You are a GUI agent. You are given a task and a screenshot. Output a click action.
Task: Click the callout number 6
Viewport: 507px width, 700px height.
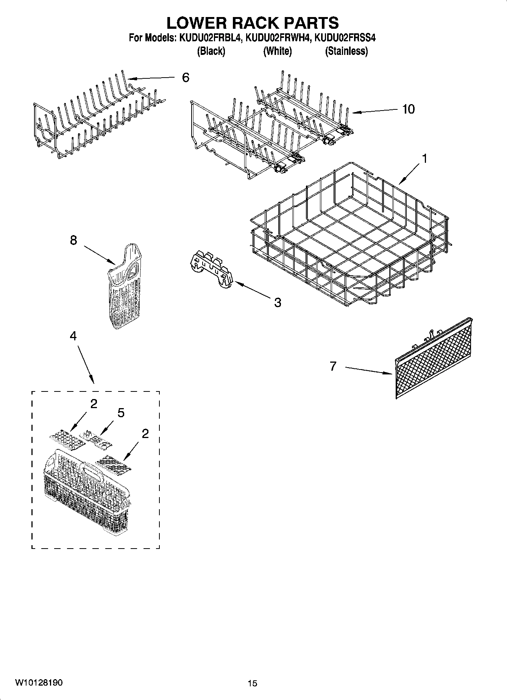[186, 78]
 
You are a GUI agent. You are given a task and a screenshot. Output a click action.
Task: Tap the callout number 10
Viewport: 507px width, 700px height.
[408, 109]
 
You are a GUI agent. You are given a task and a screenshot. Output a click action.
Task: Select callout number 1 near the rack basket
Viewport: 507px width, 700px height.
[424, 159]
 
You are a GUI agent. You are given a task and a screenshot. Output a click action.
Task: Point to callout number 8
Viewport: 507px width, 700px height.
[73, 240]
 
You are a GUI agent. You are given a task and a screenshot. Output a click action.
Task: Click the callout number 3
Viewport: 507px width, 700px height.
[278, 302]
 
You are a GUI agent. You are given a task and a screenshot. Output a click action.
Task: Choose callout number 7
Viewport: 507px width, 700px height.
[333, 366]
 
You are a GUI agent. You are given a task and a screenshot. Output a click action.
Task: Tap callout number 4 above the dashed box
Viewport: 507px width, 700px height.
[73, 336]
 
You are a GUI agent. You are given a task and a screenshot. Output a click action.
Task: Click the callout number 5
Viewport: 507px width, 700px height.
[121, 412]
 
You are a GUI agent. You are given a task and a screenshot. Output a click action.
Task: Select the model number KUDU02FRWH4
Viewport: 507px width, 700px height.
[278, 38]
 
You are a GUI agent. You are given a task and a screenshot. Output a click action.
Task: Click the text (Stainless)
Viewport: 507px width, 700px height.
[346, 51]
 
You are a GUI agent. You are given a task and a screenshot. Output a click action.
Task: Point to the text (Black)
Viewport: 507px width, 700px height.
[211, 51]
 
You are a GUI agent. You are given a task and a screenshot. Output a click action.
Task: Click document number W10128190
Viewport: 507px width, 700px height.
[39, 682]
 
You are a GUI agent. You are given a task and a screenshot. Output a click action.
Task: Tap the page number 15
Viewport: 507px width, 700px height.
[252, 683]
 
